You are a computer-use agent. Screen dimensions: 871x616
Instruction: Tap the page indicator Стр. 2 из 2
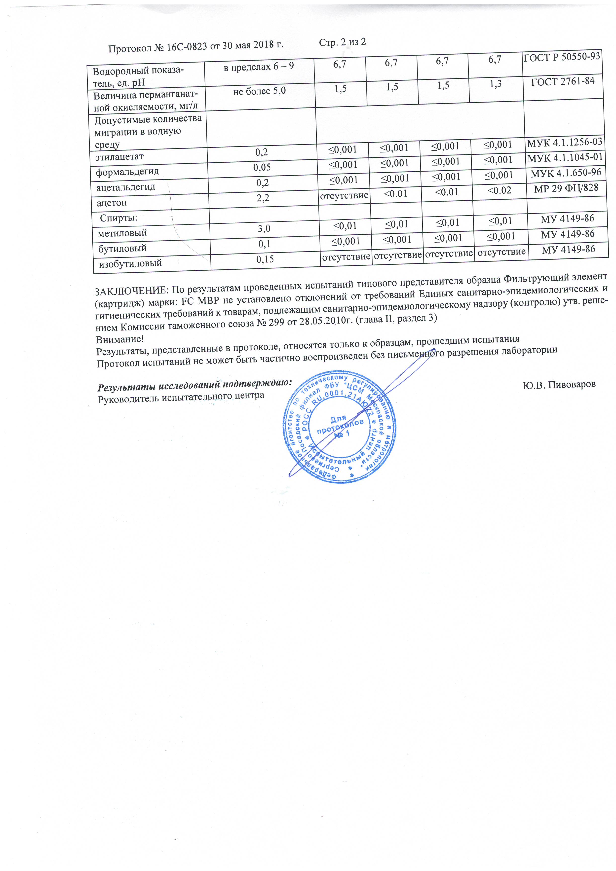pyautogui.click(x=342, y=42)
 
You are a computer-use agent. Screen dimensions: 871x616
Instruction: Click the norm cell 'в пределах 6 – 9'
pyautogui.click(x=259, y=67)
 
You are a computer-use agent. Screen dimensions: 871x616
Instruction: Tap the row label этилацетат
pyautogui.click(x=119, y=156)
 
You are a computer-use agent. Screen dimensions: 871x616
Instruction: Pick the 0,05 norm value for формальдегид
pyautogui.click(x=262, y=167)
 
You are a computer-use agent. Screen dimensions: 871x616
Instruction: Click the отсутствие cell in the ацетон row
pyautogui.click(x=344, y=196)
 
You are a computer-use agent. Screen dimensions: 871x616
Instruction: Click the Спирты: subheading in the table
pyautogui.click(x=118, y=218)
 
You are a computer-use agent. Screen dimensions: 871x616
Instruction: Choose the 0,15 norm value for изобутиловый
pyautogui.click(x=265, y=259)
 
